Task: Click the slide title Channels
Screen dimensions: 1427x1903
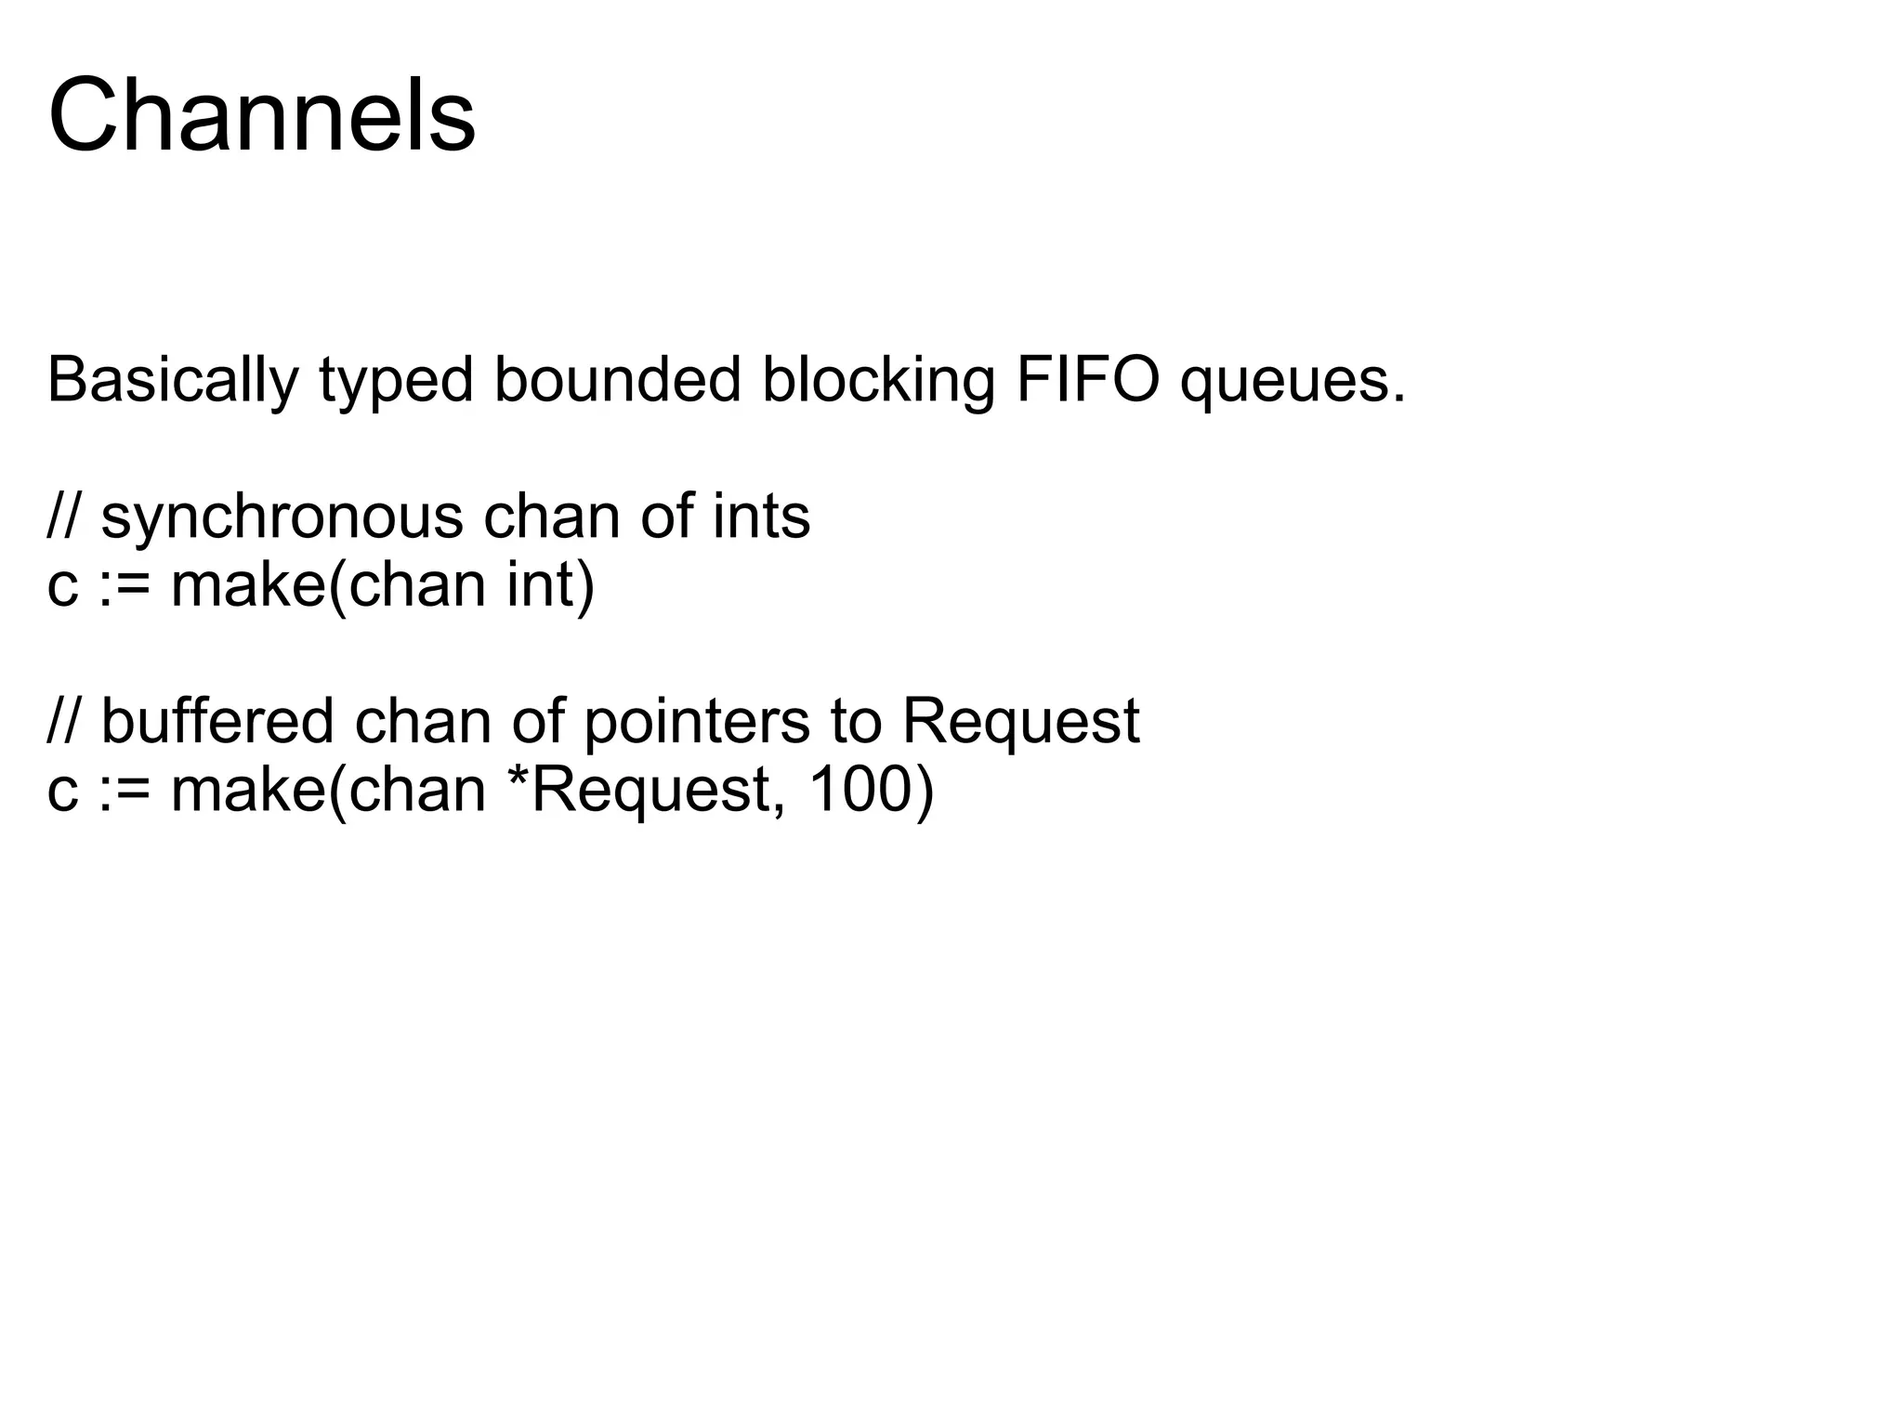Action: [261, 116]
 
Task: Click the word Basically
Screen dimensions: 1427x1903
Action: [173, 380]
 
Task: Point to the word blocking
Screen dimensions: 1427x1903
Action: [878, 380]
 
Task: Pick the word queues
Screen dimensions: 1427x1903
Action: [1293, 382]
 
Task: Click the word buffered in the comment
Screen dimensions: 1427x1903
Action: [217, 721]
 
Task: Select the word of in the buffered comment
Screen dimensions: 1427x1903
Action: [538, 721]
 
